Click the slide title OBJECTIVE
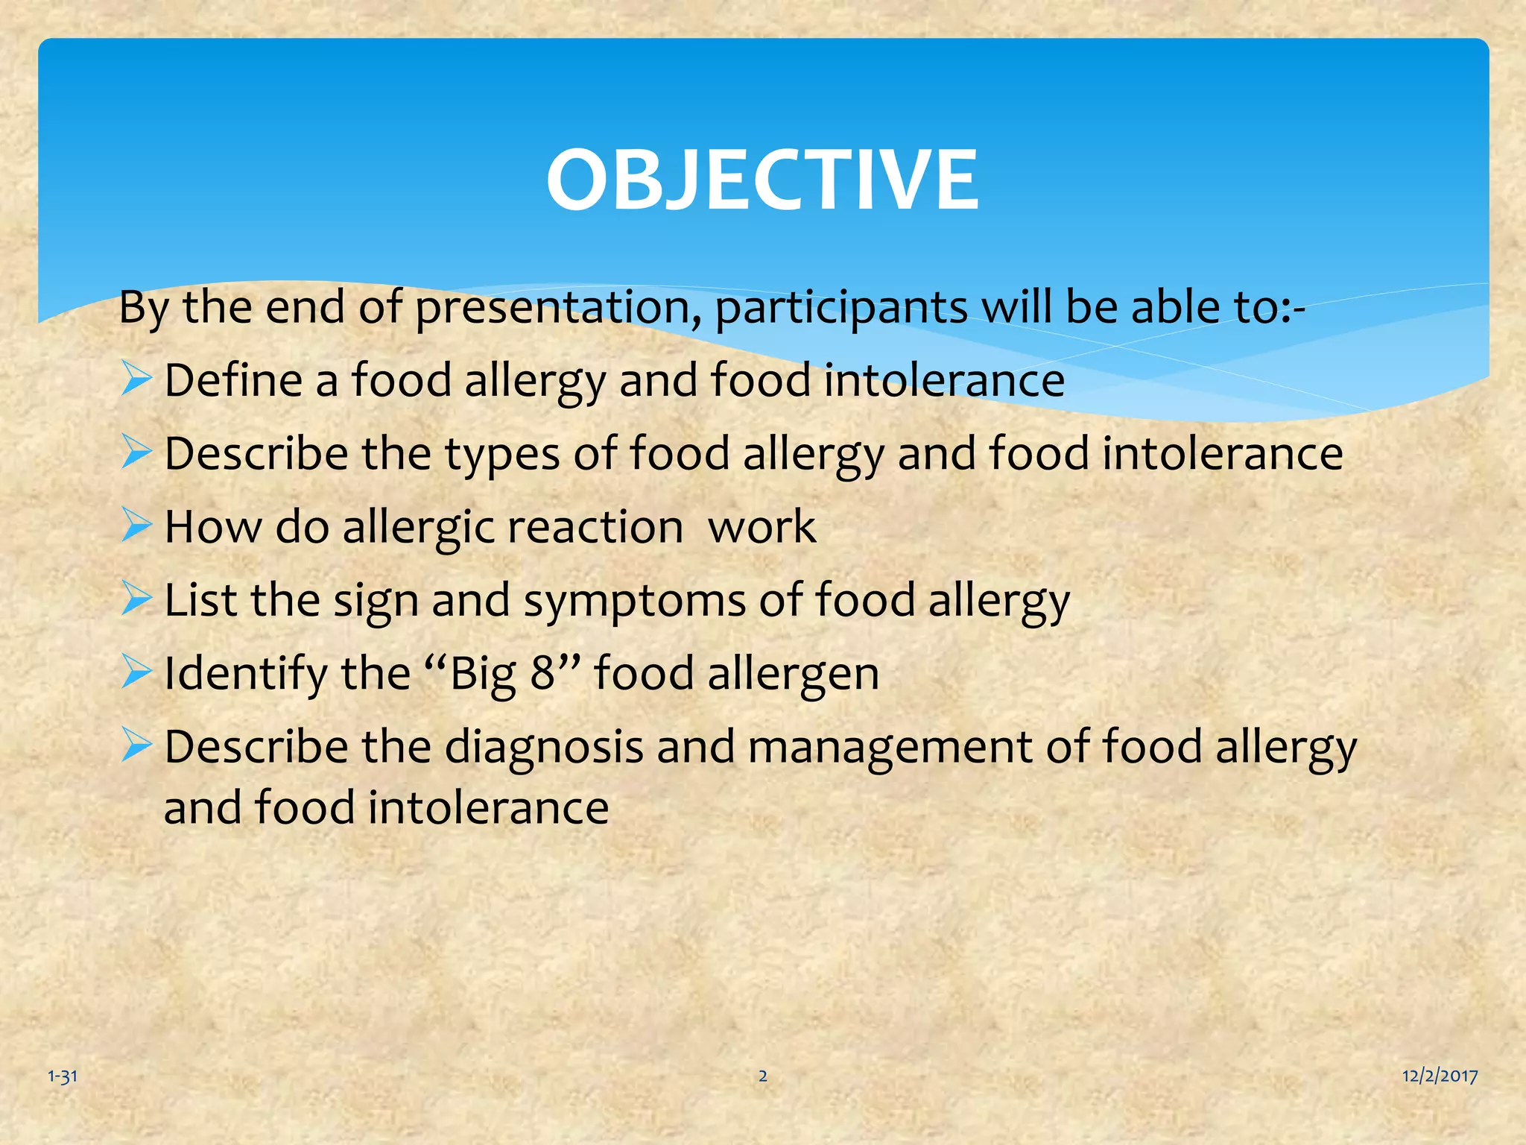(762, 180)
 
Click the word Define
(232, 380)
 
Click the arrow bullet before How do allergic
(136, 525)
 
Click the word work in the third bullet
(762, 527)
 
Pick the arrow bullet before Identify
(136, 671)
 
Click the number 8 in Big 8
(542, 673)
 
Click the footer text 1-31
(63, 1076)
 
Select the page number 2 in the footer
(762, 1076)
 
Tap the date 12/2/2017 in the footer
(1440, 1076)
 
